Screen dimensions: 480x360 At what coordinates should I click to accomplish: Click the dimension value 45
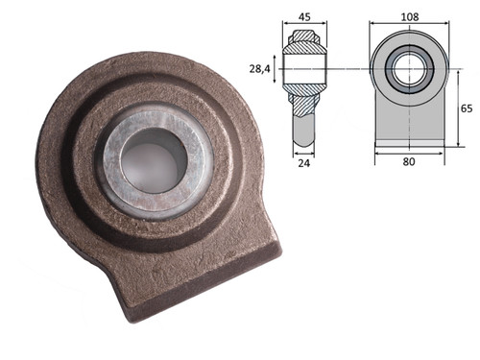(304, 16)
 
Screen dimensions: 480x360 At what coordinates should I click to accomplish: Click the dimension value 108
(410, 16)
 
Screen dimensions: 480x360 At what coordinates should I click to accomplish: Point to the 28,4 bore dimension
(259, 69)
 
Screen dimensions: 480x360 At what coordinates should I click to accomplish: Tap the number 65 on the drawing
(467, 108)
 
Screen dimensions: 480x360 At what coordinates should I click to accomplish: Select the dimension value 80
(409, 161)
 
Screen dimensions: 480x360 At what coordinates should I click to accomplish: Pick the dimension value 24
(304, 163)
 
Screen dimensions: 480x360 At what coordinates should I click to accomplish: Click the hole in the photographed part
(154, 160)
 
